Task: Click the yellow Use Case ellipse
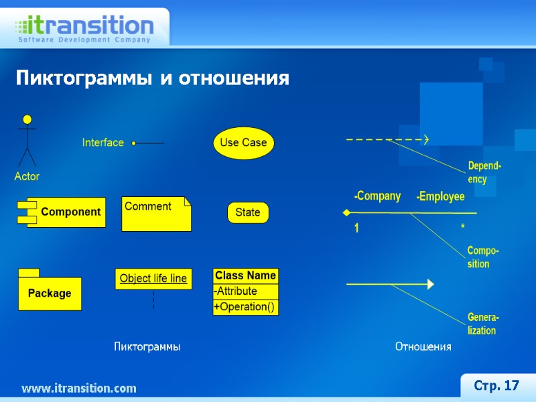tap(244, 143)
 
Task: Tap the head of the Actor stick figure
tap(27, 120)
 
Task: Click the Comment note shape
tap(155, 214)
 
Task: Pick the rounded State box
tap(248, 212)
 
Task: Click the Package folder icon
tap(50, 292)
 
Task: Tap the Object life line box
tap(153, 279)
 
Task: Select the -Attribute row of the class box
tap(245, 291)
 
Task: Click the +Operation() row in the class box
tap(245, 307)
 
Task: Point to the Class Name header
tap(245, 275)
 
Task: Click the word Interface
tap(103, 143)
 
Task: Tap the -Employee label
tap(440, 197)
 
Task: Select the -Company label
tap(377, 196)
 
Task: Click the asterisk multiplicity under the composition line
tap(463, 228)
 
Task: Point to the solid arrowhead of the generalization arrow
tap(430, 285)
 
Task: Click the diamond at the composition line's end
tap(346, 212)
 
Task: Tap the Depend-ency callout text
tap(484, 172)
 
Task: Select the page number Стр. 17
tap(496, 386)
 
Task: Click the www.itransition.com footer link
tap(79, 389)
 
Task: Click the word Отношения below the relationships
tap(423, 347)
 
